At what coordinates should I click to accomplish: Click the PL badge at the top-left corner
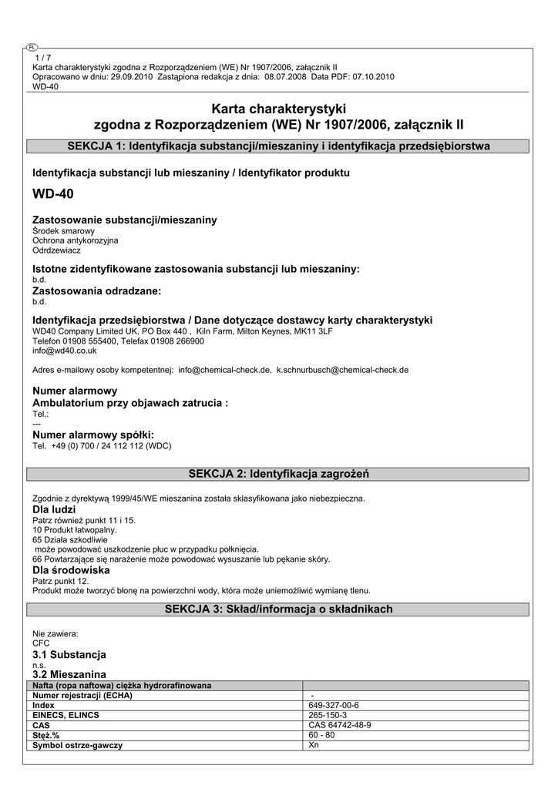pos(31,48)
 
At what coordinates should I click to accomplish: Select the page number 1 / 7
pos(43,58)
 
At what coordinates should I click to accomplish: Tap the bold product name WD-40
pos(53,194)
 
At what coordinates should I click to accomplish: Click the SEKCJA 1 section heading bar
pos(278,146)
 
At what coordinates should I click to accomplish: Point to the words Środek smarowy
pos(64,231)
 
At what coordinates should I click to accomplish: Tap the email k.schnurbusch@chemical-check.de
pos(342,370)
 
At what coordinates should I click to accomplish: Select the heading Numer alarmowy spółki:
pos(93,435)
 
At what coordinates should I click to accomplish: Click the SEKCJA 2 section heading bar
pos(278,472)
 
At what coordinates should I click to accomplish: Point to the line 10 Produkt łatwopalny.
pos(75,530)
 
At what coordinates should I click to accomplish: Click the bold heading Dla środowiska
pos(71,570)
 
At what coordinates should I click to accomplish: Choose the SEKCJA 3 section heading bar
pos(278,609)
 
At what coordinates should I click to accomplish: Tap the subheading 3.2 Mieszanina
pos(69,673)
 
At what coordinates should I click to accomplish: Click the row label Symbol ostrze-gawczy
pos(78,745)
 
